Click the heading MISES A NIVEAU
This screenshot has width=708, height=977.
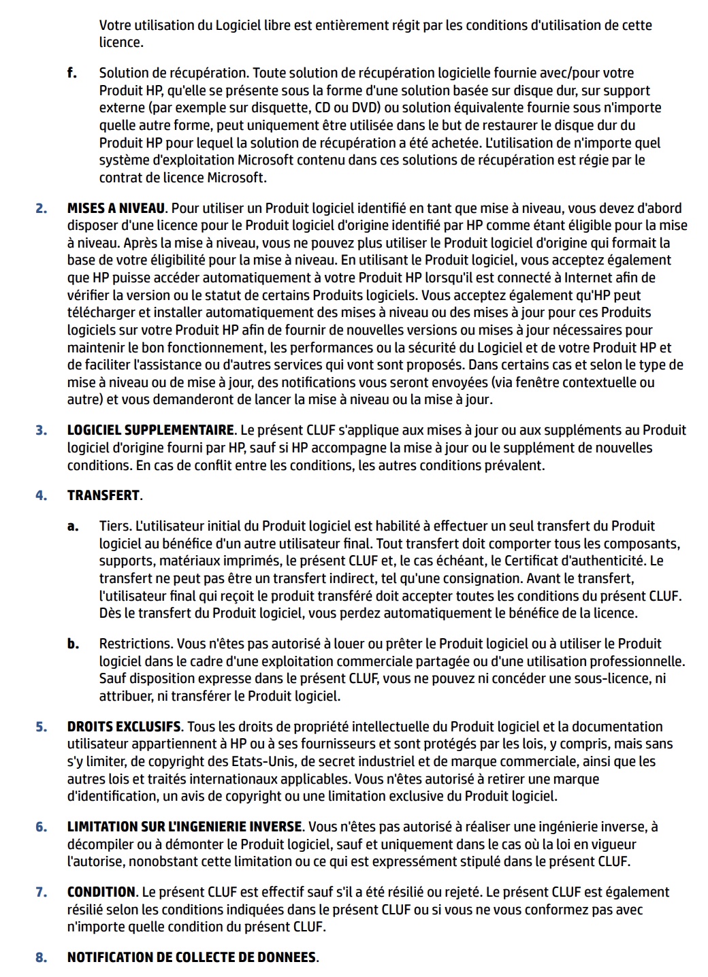pyautogui.click(x=116, y=208)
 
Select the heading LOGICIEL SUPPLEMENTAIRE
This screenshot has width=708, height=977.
pyautogui.click(x=150, y=430)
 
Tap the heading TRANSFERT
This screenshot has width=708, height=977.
pyautogui.click(x=103, y=495)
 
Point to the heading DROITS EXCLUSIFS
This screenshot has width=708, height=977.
pyautogui.click(x=124, y=727)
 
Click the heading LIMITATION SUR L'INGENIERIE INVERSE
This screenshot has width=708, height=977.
pyautogui.click(x=184, y=827)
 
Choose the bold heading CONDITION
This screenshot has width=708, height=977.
pyautogui.click(x=101, y=892)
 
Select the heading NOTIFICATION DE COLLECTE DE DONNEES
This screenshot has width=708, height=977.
pyautogui.click(x=192, y=957)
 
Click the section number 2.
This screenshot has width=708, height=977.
pyautogui.click(x=42, y=208)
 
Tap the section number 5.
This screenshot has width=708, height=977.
pyautogui.click(x=42, y=727)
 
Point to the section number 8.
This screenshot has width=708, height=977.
pyautogui.click(x=42, y=957)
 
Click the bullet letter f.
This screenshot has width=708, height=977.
pyautogui.click(x=71, y=73)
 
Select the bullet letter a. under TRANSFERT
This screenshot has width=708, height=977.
pyautogui.click(x=72, y=526)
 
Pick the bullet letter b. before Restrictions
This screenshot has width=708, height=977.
pyautogui.click(x=73, y=644)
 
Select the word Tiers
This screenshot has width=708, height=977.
pyautogui.click(x=115, y=526)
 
